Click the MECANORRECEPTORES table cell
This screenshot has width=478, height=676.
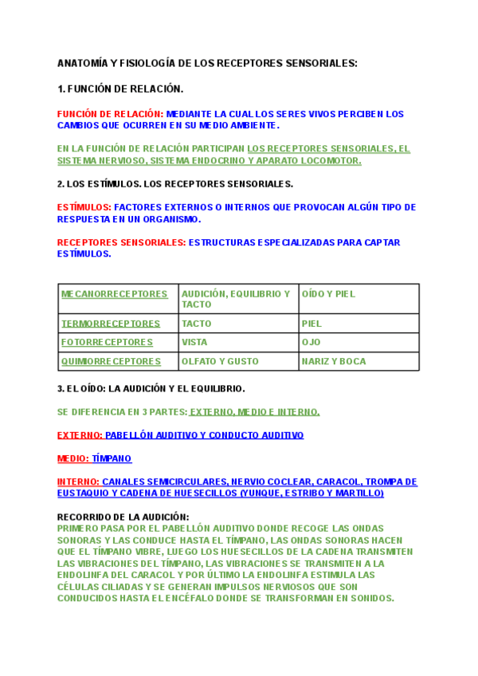(x=115, y=294)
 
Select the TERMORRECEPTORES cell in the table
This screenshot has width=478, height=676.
(x=111, y=324)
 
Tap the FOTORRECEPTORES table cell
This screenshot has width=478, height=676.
(x=107, y=342)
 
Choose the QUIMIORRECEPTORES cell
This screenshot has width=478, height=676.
(x=111, y=361)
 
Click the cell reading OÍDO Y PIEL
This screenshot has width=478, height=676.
(x=328, y=294)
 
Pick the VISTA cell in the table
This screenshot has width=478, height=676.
(x=194, y=342)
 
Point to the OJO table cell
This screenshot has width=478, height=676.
(x=311, y=342)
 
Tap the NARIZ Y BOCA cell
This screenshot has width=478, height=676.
(x=333, y=361)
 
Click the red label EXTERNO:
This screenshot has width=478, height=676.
(x=80, y=435)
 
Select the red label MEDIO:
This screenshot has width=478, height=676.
(x=73, y=458)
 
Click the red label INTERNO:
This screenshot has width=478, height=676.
(x=78, y=481)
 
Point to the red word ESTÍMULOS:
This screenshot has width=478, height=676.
(x=84, y=207)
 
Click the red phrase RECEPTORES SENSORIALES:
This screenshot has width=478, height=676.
(x=122, y=242)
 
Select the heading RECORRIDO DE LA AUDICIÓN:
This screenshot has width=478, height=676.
(x=123, y=517)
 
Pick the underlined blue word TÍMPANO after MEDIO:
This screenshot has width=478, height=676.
(x=112, y=458)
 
